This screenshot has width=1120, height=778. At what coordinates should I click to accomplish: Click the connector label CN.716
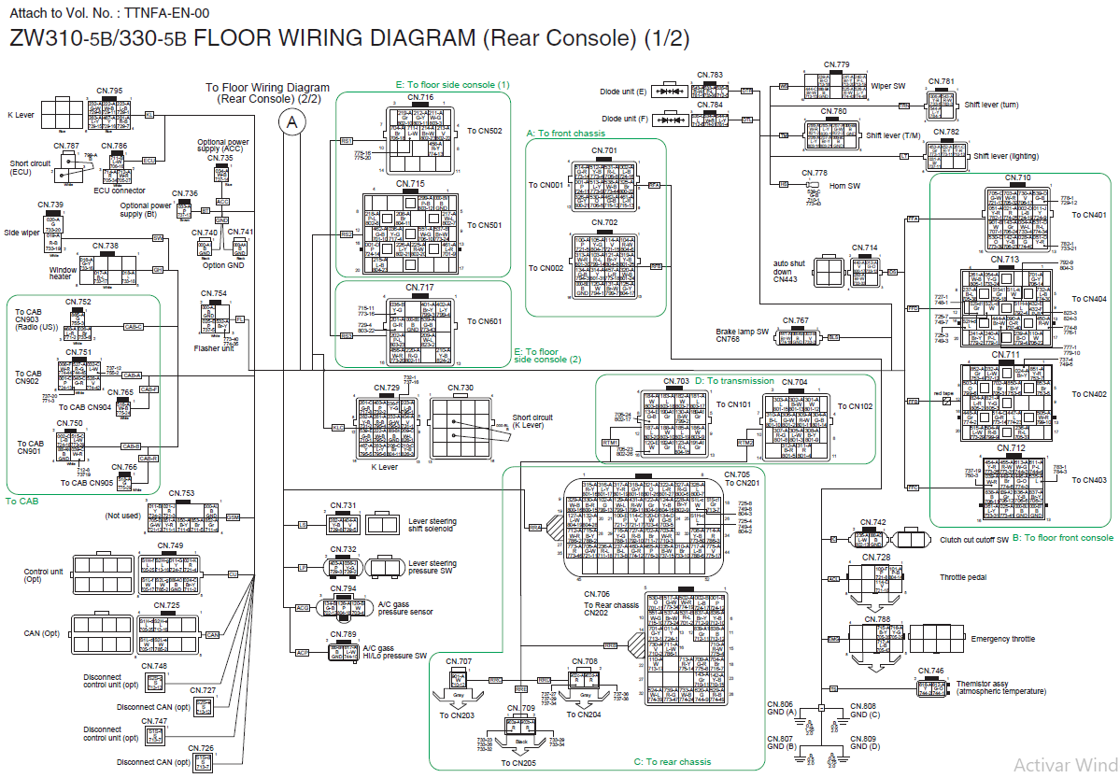tap(420, 98)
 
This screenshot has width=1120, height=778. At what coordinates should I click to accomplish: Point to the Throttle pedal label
tap(965, 577)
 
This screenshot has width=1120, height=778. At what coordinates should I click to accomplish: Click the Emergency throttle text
tap(1001, 639)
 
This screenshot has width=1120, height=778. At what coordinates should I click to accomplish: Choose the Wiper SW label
tap(887, 86)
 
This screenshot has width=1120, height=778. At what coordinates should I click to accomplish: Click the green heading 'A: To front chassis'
tap(565, 134)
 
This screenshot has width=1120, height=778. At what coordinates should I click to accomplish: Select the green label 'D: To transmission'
tap(734, 381)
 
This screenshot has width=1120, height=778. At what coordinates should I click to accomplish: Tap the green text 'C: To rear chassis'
tap(673, 762)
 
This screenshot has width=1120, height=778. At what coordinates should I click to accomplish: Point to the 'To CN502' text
tap(485, 131)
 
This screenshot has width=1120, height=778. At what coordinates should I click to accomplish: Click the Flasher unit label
tap(214, 348)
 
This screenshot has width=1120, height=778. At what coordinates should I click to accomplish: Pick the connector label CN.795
tap(109, 91)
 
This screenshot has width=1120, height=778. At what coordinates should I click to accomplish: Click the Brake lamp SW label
tap(743, 332)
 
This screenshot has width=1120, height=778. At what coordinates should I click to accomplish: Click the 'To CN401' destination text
tap(1088, 214)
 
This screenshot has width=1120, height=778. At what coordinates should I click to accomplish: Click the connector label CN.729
tap(387, 388)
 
